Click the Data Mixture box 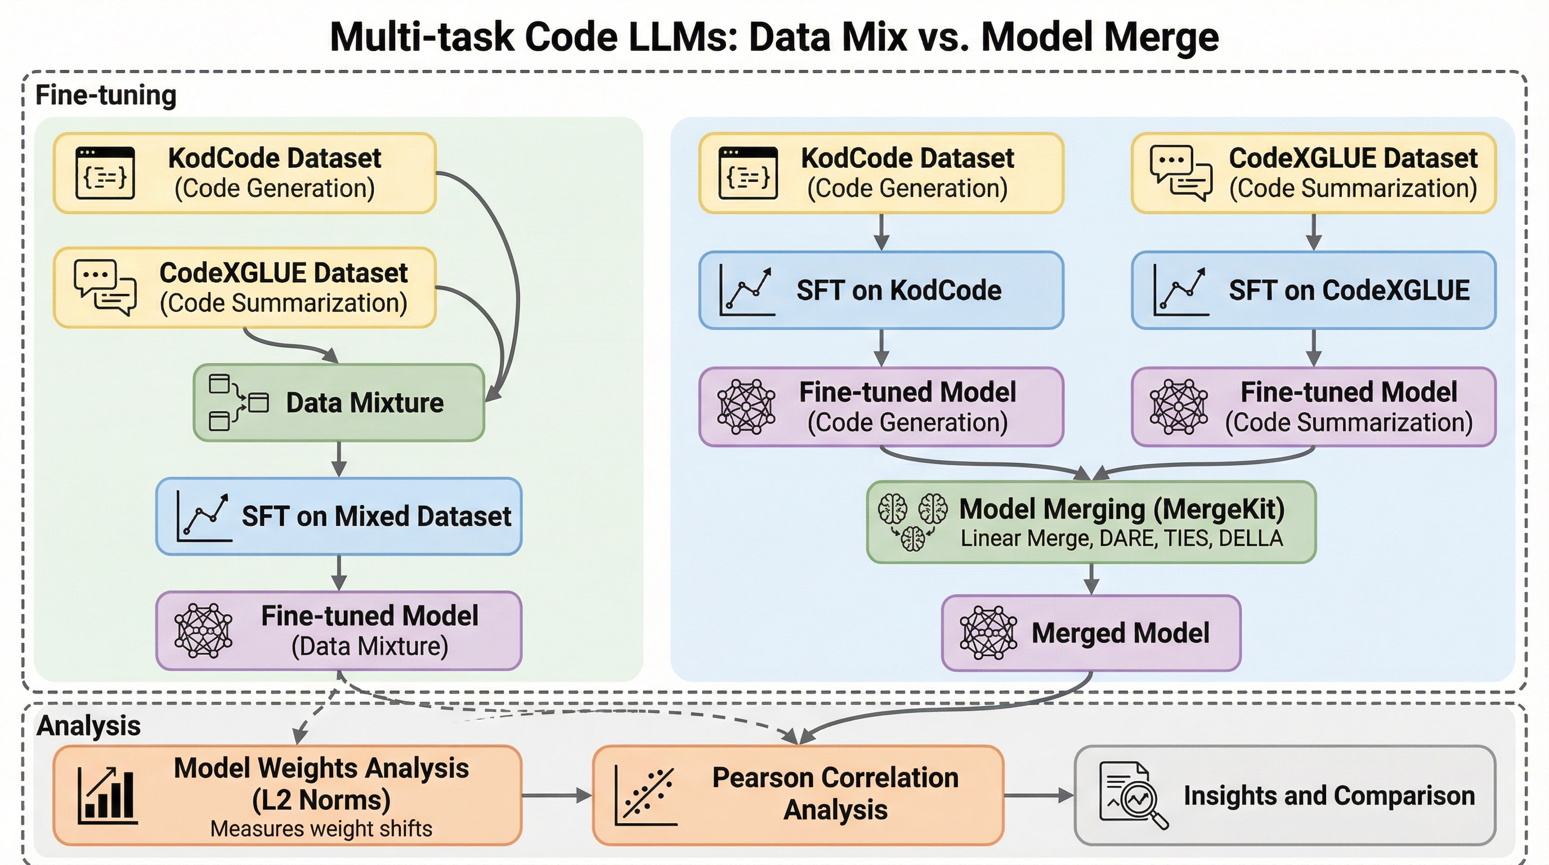(x=338, y=403)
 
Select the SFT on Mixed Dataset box (x=338, y=516)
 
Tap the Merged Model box (x=1091, y=633)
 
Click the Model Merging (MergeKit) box (x=1091, y=522)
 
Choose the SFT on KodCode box (x=881, y=291)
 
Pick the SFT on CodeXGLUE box (x=1313, y=291)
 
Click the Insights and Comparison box (x=1284, y=795)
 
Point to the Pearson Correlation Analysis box (x=798, y=795)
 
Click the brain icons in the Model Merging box (x=912, y=521)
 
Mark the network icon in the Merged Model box (x=988, y=633)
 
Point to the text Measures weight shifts (x=321, y=829)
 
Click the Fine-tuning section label (x=106, y=95)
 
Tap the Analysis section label (x=88, y=725)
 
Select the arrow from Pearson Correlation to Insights (x=1038, y=795)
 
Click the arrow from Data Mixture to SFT (x=339, y=460)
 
